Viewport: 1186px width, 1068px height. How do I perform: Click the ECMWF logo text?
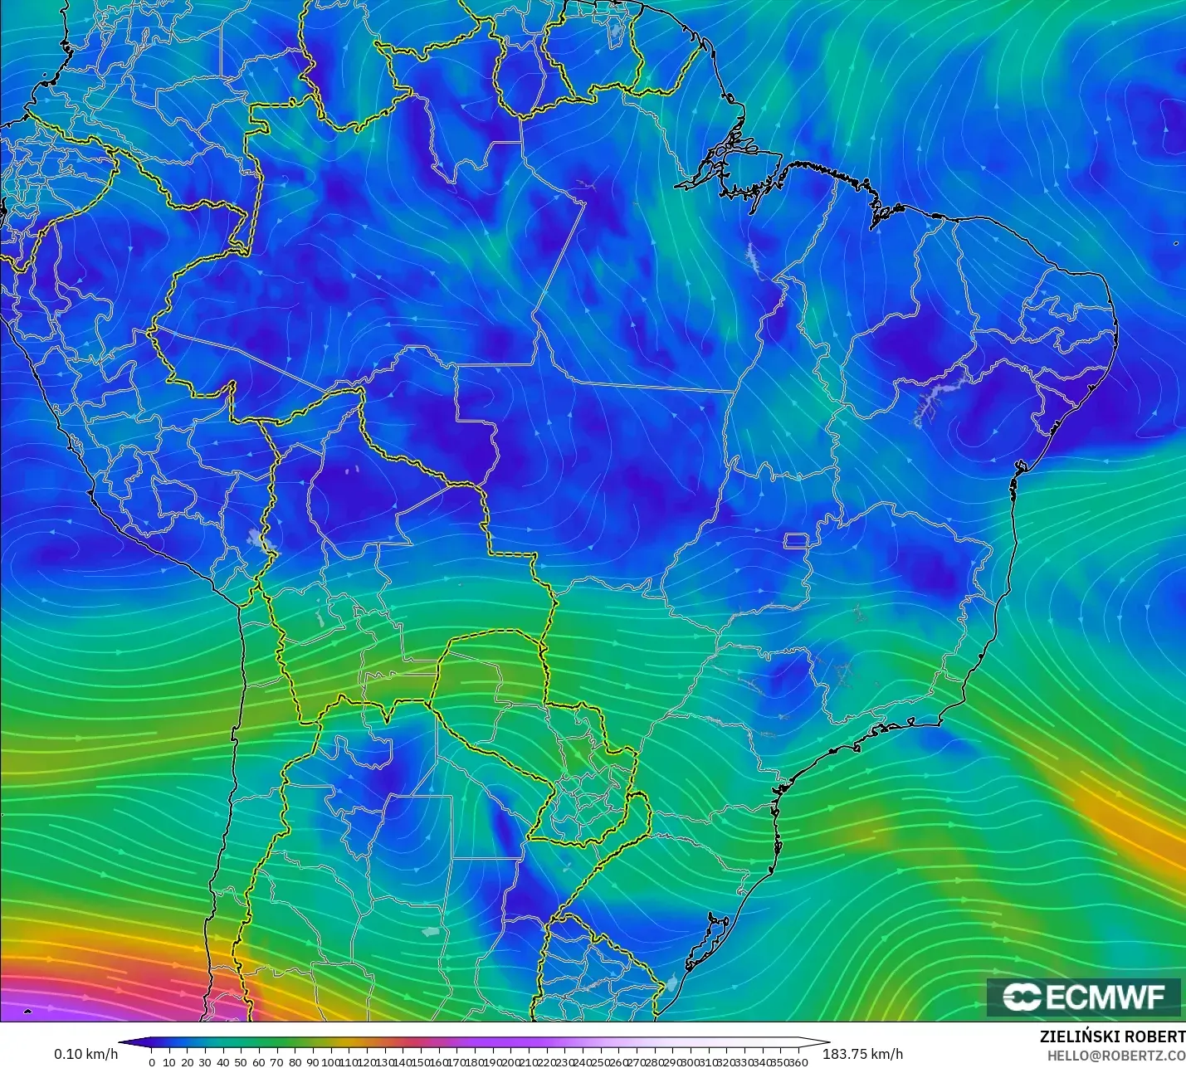[1105, 997]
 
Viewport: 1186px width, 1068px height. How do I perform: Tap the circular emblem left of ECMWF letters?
[1022, 997]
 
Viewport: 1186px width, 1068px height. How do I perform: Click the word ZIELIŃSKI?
[1076, 1037]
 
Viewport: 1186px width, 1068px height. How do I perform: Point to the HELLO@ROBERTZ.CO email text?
[1115, 1056]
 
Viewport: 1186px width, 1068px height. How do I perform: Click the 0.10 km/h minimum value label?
[86, 1054]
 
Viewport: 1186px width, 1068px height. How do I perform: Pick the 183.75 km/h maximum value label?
[862, 1054]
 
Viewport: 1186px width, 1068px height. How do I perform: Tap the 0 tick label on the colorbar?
[152, 1062]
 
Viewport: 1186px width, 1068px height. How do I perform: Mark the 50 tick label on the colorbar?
[241, 1062]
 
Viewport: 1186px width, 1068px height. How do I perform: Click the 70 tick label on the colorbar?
[276, 1062]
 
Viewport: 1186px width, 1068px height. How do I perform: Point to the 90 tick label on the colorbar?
[312, 1062]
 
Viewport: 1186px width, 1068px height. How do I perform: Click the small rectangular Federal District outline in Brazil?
[797, 541]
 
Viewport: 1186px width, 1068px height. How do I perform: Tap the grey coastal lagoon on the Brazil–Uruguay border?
[671, 983]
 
